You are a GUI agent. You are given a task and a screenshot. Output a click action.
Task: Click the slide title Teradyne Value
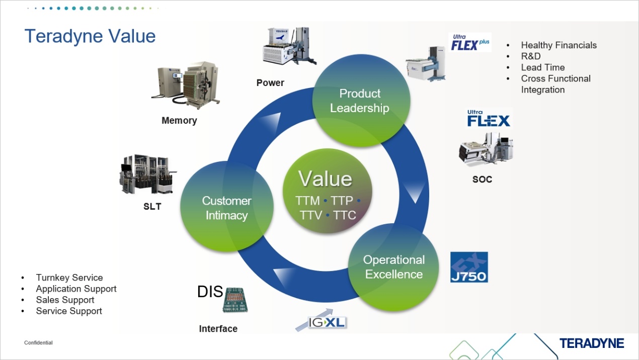tap(90, 37)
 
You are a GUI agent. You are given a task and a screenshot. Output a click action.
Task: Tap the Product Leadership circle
tap(360, 101)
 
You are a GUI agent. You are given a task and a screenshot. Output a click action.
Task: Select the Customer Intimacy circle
tap(226, 208)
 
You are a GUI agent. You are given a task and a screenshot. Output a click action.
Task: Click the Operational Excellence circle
tap(394, 267)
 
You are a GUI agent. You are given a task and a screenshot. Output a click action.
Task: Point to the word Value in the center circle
tap(325, 179)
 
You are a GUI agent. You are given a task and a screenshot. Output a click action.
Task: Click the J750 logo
tap(469, 267)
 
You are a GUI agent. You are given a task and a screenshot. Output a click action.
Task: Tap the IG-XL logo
tap(327, 322)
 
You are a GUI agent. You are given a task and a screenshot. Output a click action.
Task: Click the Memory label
tap(179, 121)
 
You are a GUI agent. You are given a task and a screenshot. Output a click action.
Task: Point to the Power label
tap(270, 83)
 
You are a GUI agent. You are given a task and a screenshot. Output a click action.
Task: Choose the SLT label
tap(152, 207)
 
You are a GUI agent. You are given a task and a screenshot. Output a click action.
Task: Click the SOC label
tap(482, 179)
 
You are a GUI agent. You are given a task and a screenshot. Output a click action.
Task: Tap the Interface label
tap(218, 329)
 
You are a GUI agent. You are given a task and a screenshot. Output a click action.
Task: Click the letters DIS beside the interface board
tap(210, 292)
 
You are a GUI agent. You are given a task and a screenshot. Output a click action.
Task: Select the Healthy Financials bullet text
tap(558, 45)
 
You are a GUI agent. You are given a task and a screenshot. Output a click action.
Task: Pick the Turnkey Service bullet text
tap(69, 278)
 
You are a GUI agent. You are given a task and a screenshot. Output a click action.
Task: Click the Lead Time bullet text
tap(542, 67)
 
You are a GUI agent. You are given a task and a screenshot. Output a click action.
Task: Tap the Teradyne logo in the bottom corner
tap(591, 343)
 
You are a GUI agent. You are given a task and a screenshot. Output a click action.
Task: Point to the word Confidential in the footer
tap(38, 343)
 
